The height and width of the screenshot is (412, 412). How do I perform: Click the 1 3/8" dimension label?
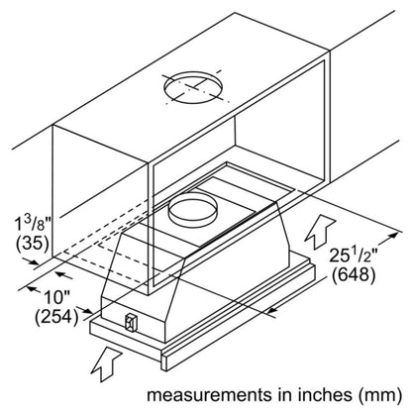[x=33, y=222]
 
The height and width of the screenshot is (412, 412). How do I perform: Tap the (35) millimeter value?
[x=33, y=244]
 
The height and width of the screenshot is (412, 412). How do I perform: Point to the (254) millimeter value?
[x=57, y=317]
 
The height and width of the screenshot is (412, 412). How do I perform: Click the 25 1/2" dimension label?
[x=354, y=255]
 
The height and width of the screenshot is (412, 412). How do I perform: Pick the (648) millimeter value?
[x=354, y=275]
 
